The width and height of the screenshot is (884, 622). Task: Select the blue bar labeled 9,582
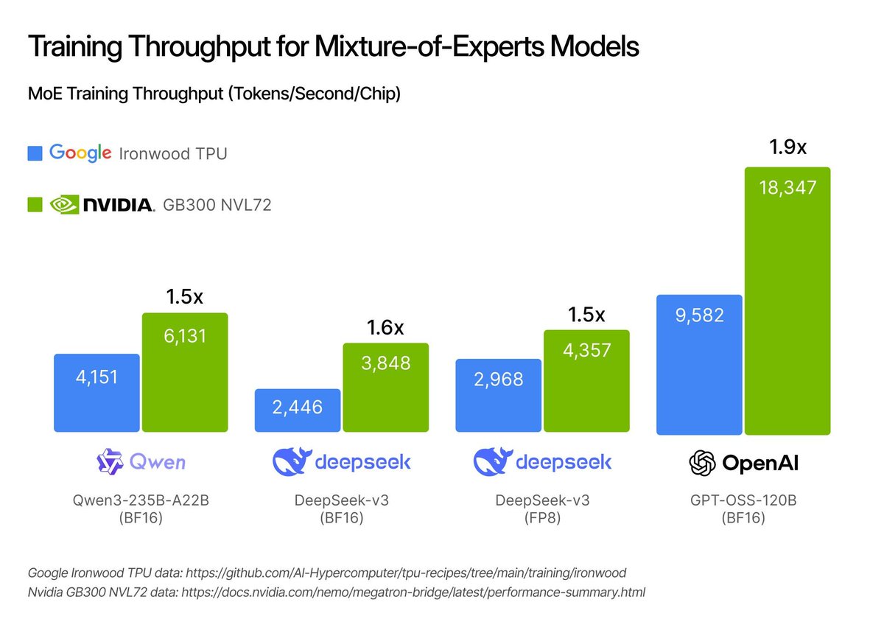[698, 364]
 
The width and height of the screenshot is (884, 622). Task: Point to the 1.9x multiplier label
[787, 147]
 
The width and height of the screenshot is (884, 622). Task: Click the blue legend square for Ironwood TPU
[35, 153]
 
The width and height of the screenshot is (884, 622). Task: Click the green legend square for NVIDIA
[35, 205]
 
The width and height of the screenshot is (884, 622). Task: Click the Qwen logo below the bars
[141, 462]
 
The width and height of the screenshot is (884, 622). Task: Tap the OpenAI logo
[743, 463]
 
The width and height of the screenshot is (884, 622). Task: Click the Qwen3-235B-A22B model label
[141, 500]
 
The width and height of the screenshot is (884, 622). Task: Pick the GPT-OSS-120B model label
[743, 500]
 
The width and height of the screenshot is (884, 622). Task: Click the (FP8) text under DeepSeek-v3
[542, 517]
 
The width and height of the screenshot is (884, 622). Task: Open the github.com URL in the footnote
[418, 573]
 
